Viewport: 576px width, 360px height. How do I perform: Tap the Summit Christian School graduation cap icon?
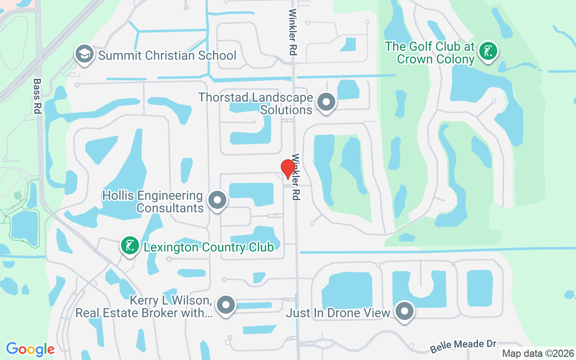click(x=84, y=54)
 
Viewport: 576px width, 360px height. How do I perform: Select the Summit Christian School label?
click(x=167, y=55)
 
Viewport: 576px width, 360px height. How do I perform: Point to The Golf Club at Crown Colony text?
click(x=430, y=53)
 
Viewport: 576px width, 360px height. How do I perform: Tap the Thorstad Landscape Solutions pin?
click(x=326, y=102)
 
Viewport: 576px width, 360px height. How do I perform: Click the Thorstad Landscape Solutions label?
click(x=256, y=103)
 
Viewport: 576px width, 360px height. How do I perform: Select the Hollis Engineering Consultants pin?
click(x=217, y=200)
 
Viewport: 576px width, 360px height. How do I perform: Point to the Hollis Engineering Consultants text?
click(x=153, y=202)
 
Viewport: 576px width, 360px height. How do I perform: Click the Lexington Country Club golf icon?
click(x=130, y=246)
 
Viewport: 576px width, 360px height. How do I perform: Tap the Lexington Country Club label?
click(x=208, y=247)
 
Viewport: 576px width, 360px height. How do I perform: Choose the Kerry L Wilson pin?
click(x=225, y=306)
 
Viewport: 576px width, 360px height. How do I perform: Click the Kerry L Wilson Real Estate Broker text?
click(x=144, y=306)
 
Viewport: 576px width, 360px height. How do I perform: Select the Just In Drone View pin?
click(x=404, y=311)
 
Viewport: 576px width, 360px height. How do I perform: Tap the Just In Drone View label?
click(x=338, y=313)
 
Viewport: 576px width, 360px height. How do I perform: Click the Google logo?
click(x=30, y=349)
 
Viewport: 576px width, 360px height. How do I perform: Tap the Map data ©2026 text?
click(x=538, y=353)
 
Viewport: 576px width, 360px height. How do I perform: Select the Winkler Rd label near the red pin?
click(x=296, y=177)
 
